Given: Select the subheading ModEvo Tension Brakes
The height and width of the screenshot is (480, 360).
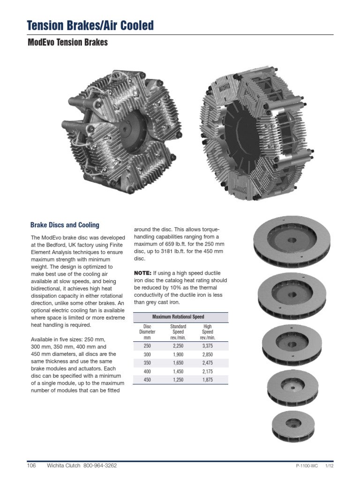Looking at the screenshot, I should click(68, 43).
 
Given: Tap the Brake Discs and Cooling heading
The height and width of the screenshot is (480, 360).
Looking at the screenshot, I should click(65, 225).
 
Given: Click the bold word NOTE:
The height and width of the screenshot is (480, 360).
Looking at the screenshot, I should click(142, 273).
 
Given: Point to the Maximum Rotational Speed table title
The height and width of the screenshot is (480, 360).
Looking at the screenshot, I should click(180, 317).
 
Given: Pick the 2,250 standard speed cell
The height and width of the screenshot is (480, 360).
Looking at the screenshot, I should click(178, 346).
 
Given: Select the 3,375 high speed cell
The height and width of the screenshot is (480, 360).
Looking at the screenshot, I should click(207, 346).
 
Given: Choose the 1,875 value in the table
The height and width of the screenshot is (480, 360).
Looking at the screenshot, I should click(207, 380).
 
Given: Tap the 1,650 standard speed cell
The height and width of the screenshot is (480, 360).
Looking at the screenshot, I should click(178, 363).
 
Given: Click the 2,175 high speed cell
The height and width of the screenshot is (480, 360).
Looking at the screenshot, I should click(207, 371).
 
